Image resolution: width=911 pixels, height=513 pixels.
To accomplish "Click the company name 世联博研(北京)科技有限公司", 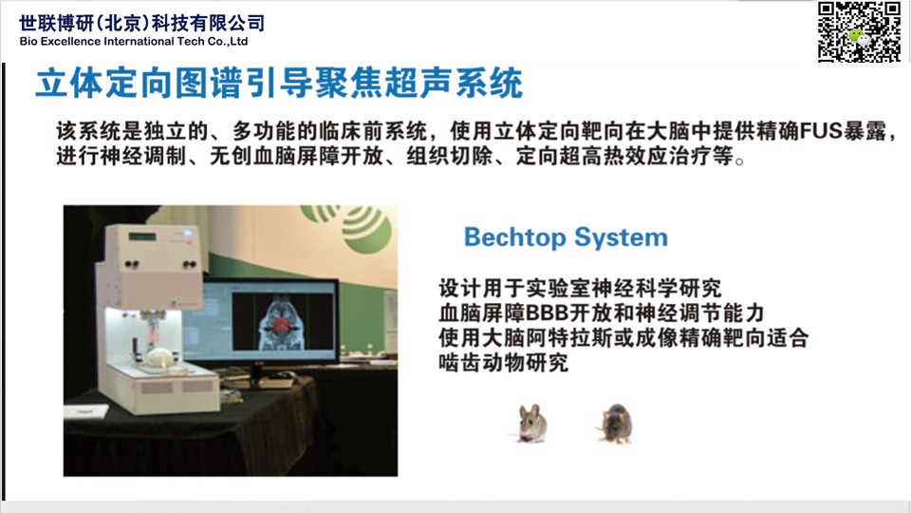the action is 141,23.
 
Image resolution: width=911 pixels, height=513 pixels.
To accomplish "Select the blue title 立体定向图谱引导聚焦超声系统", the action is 279,84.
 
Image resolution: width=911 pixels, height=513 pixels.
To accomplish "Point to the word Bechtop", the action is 514,237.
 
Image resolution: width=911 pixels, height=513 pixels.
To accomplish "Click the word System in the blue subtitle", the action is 621,237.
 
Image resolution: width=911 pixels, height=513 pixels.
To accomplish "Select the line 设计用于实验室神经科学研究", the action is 580,288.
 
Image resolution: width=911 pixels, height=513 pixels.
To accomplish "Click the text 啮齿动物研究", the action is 503,363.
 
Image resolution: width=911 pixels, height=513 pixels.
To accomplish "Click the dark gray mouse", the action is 615,424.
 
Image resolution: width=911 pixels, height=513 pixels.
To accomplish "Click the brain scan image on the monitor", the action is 282,321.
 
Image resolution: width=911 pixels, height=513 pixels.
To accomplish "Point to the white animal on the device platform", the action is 159,357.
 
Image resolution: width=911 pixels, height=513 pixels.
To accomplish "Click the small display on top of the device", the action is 142,237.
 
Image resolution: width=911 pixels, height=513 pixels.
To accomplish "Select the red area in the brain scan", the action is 282,323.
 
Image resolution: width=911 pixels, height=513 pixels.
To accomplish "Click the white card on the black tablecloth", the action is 86,411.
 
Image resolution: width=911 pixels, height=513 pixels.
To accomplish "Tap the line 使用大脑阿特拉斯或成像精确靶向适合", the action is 623,338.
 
